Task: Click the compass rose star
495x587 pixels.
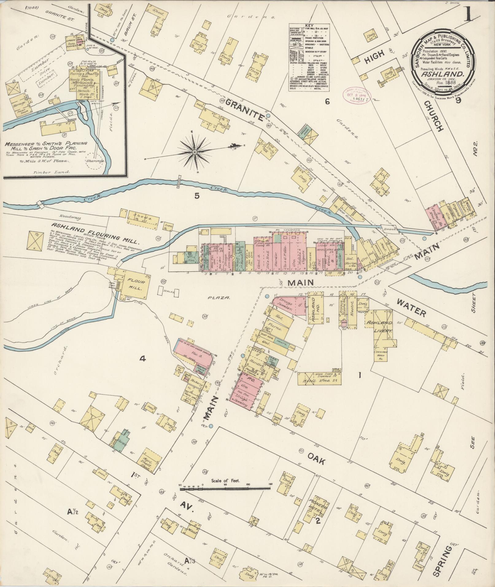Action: (195, 152)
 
